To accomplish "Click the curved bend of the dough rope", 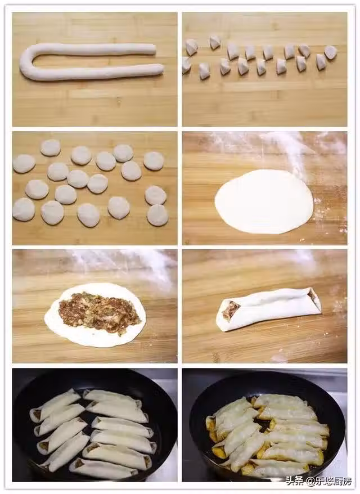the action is tap(27, 62).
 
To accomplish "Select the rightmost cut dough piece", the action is tap(331, 52).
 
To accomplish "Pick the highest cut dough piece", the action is tap(215, 42).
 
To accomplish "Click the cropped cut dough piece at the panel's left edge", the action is tap(186, 65).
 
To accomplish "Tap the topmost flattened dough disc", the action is tap(51, 147).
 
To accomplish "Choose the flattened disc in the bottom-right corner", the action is tap(157, 215).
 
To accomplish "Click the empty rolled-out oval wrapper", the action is tap(264, 201).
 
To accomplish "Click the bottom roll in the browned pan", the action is tap(274, 468).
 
